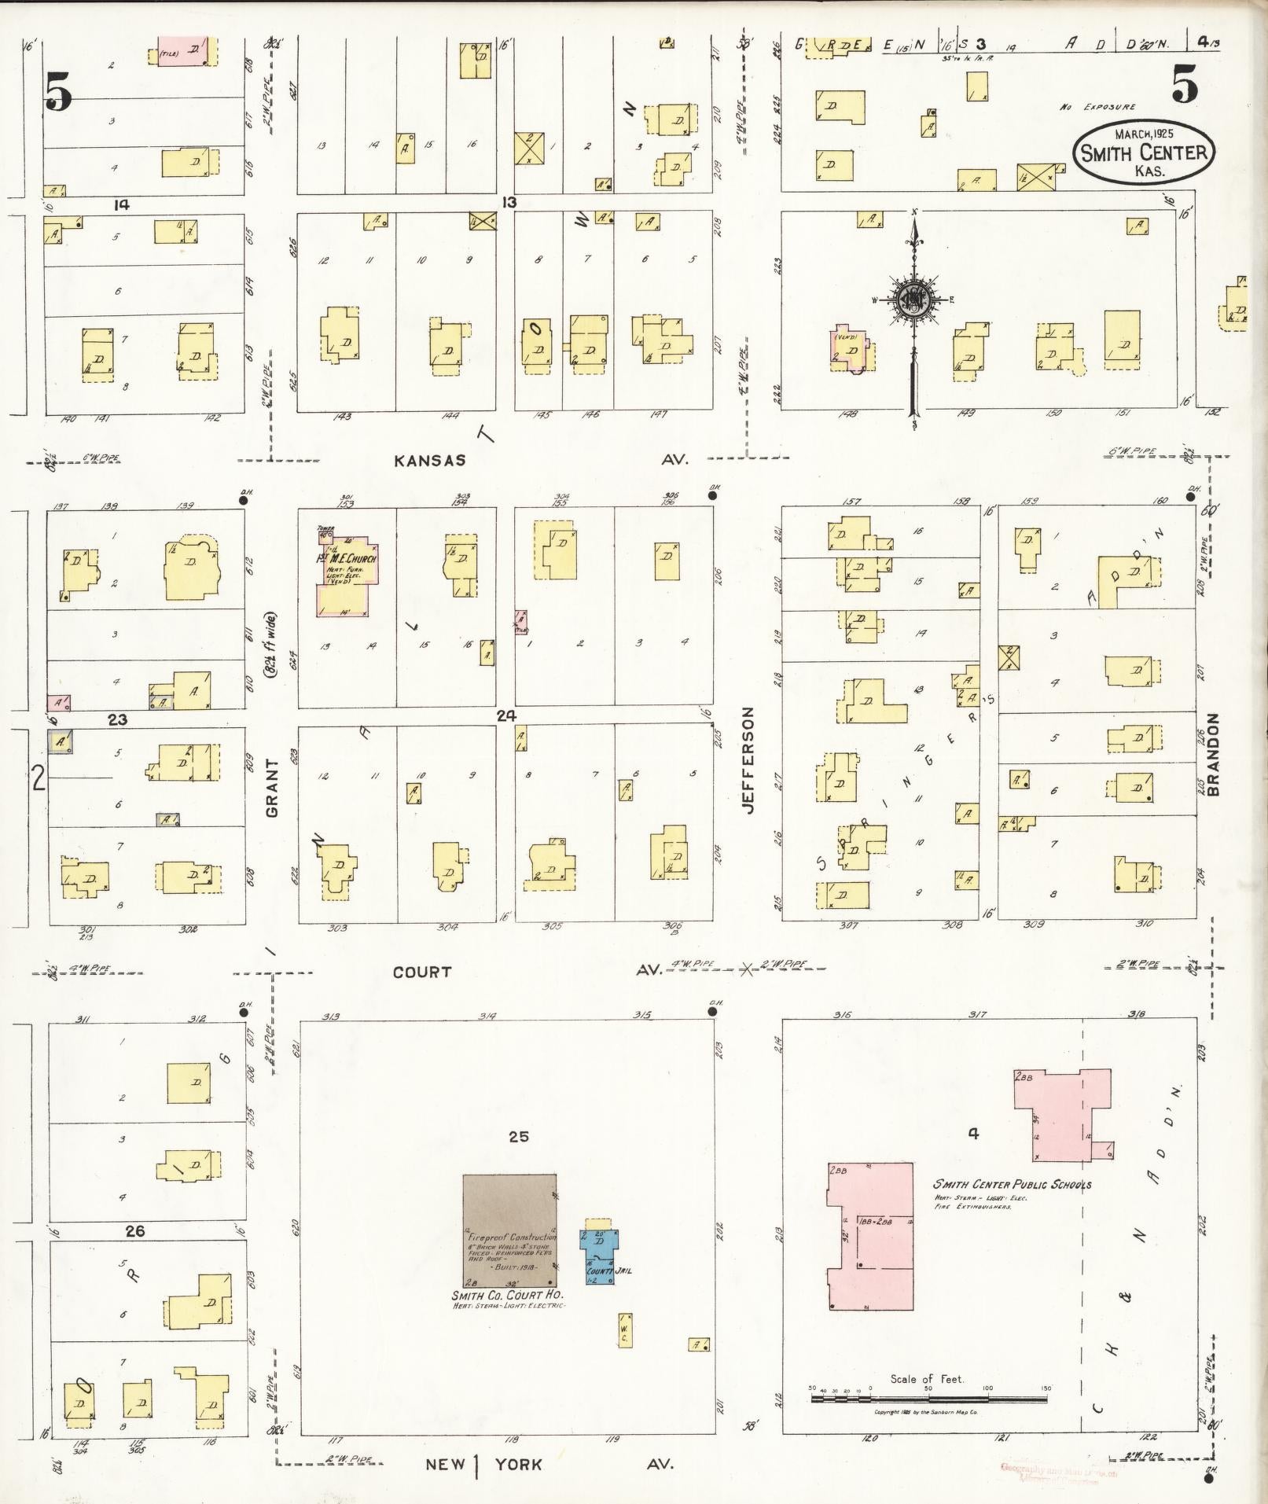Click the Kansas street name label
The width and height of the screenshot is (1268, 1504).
(429, 461)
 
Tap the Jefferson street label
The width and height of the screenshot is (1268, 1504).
(748, 759)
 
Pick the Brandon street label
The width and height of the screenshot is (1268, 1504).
(1212, 755)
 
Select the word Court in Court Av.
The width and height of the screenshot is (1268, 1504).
(422, 973)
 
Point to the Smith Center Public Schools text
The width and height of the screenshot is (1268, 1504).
(1012, 1184)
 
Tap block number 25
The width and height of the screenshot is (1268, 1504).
(518, 1136)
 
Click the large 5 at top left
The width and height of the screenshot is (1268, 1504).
(58, 92)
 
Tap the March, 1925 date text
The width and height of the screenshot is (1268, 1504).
(1144, 134)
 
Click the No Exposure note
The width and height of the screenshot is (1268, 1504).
(1097, 107)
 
